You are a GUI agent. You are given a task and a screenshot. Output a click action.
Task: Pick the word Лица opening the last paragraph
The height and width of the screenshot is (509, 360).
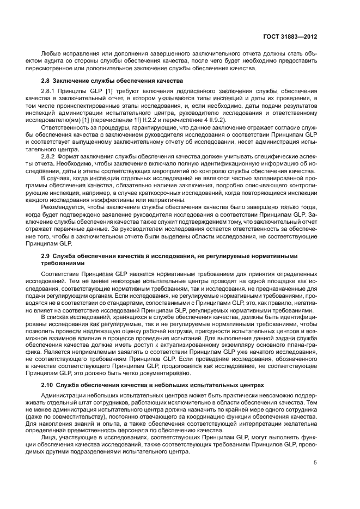pos(50,437)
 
